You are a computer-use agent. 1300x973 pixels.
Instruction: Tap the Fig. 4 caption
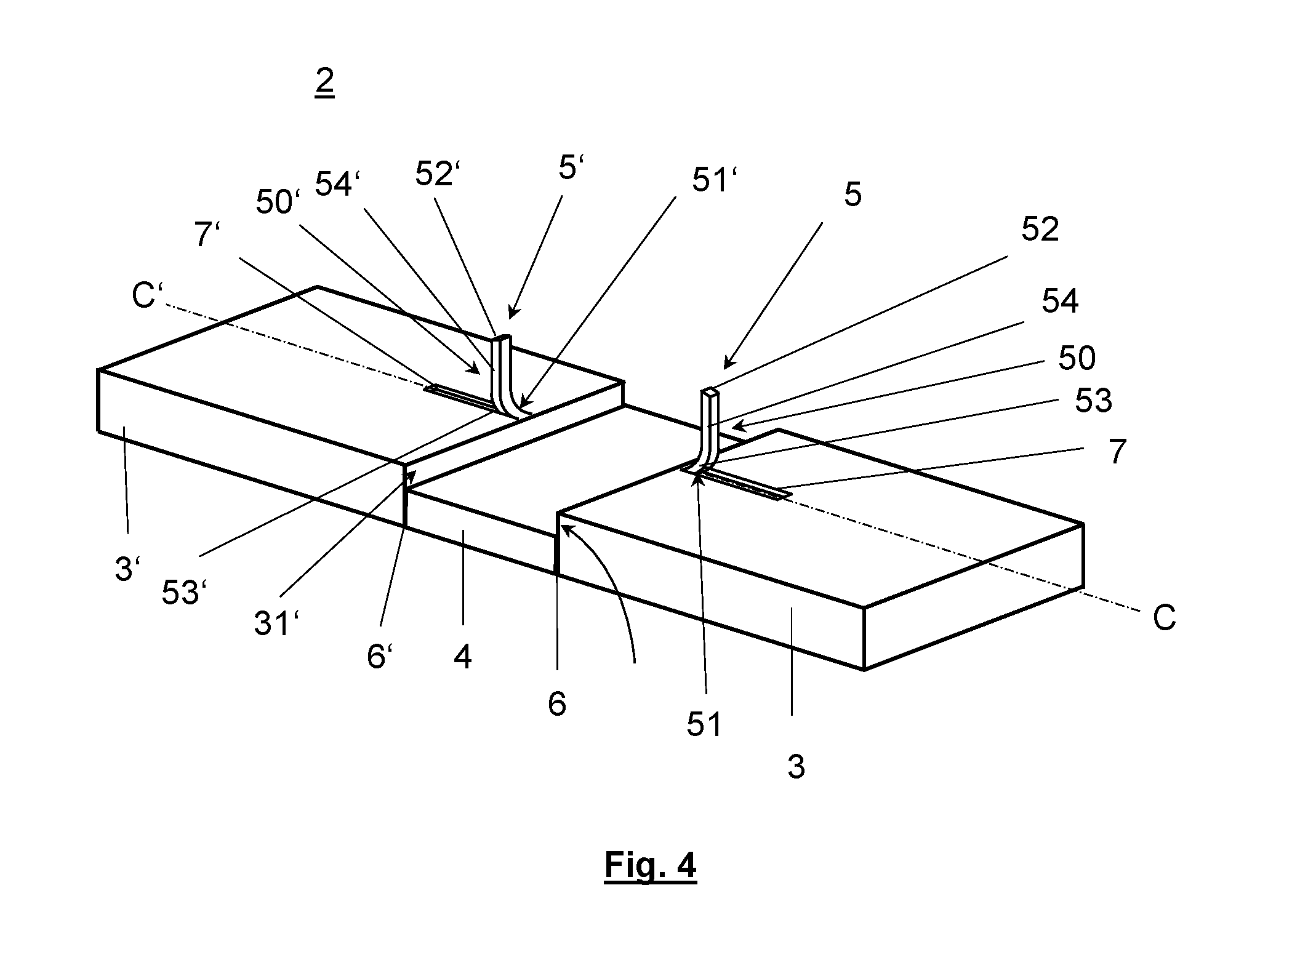(x=650, y=865)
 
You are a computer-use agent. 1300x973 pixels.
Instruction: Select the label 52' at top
(x=438, y=173)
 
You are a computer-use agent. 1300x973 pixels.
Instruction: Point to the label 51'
(x=715, y=180)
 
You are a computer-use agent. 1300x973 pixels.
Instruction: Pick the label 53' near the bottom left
(x=184, y=593)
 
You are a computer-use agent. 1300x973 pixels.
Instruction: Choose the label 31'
(x=277, y=623)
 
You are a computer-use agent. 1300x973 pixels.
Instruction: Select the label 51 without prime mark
(x=704, y=724)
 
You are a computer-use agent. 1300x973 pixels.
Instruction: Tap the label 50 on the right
(x=1077, y=358)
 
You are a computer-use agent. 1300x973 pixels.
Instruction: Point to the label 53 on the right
(x=1093, y=401)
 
